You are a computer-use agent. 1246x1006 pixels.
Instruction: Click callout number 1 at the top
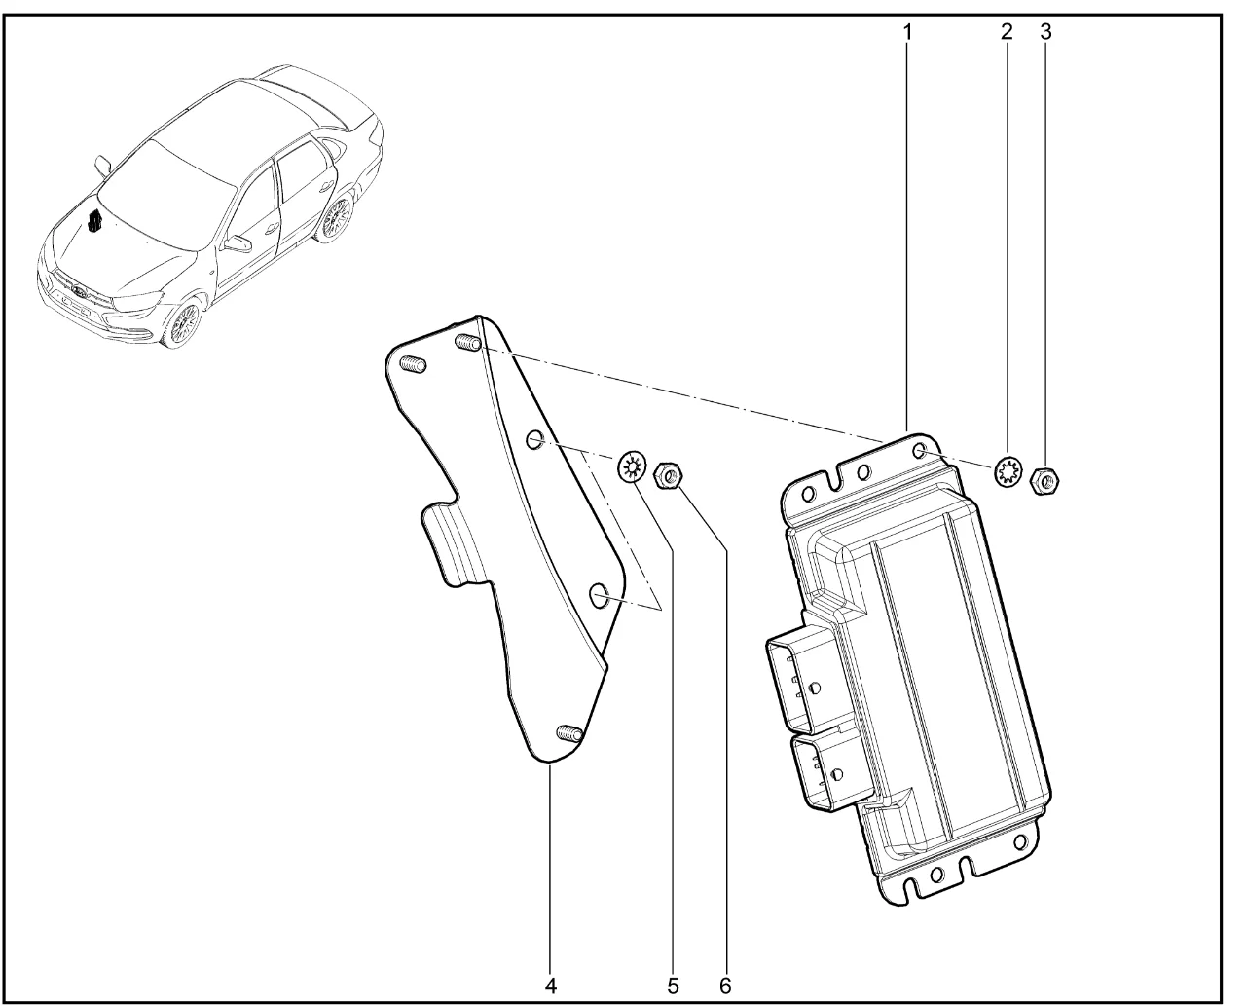(x=907, y=32)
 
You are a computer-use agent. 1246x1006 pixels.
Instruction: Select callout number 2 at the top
(x=1007, y=31)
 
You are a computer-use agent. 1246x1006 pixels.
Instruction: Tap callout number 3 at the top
(x=1045, y=31)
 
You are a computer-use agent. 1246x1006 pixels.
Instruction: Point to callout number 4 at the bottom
(x=550, y=986)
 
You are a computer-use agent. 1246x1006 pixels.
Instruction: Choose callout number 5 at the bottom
(x=673, y=986)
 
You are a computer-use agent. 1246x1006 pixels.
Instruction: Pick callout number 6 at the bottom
(x=725, y=986)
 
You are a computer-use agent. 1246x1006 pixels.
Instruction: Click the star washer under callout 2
(x=1008, y=472)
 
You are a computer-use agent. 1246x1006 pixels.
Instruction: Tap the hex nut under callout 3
(x=1044, y=481)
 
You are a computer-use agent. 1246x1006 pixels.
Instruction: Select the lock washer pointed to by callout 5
(x=632, y=467)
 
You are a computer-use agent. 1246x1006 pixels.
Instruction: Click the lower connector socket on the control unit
(x=829, y=770)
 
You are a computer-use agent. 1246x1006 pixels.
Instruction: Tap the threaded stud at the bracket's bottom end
(x=568, y=732)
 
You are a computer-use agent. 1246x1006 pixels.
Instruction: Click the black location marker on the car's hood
(x=94, y=221)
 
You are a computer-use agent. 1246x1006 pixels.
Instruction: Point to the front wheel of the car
(x=183, y=323)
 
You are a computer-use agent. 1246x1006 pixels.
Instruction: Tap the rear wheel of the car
(x=336, y=219)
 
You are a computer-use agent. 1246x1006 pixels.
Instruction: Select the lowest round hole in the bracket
(x=600, y=596)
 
